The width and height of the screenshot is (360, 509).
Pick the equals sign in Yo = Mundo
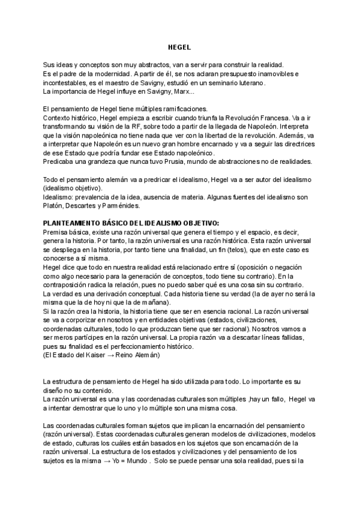[124, 462]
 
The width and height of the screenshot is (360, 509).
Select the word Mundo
[139, 462]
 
